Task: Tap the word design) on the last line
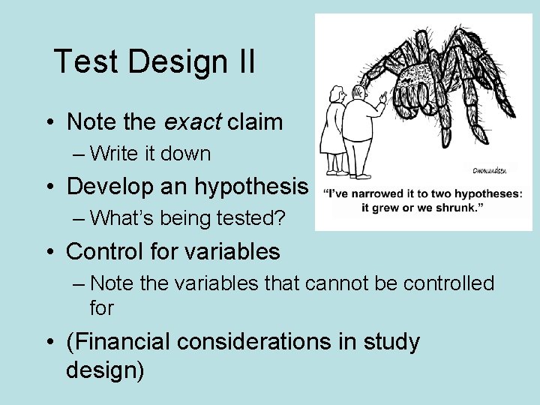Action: click(105, 370)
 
